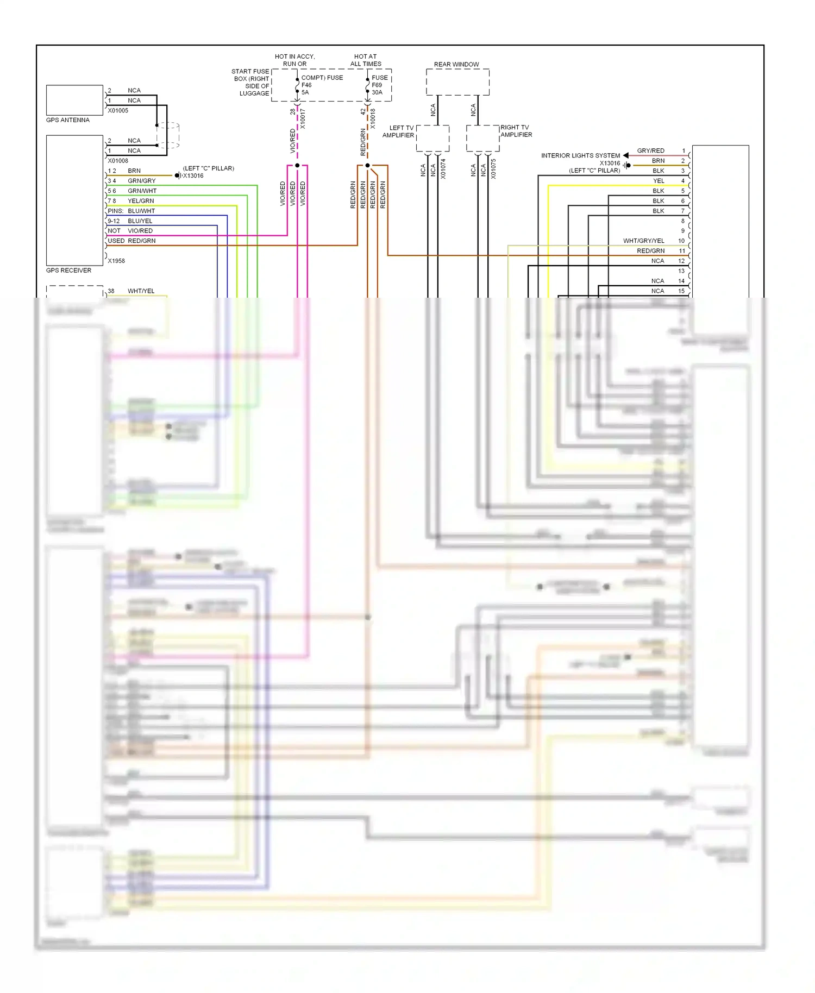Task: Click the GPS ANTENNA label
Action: [67, 120]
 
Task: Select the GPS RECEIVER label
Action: [68, 271]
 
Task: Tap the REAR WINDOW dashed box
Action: [457, 83]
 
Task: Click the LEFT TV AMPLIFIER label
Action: [398, 131]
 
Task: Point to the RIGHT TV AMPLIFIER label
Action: [516, 131]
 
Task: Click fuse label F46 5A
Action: [306, 89]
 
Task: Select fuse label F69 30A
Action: [377, 89]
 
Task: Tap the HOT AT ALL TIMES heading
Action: [366, 60]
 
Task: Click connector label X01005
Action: [118, 111]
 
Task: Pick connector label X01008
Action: [118, 161]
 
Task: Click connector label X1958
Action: [116, 261]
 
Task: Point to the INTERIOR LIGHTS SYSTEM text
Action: [580, 156]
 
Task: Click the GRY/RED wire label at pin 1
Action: [650, 151]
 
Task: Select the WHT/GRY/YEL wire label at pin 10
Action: [643, 241]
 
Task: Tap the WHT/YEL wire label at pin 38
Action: [141, 291]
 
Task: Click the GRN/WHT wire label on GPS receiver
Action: [142, 191]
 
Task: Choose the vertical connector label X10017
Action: [303, 118]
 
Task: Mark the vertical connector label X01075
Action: [493, 169]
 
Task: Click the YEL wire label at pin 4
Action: [659, 181]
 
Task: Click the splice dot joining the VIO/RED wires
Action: [297, 165]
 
